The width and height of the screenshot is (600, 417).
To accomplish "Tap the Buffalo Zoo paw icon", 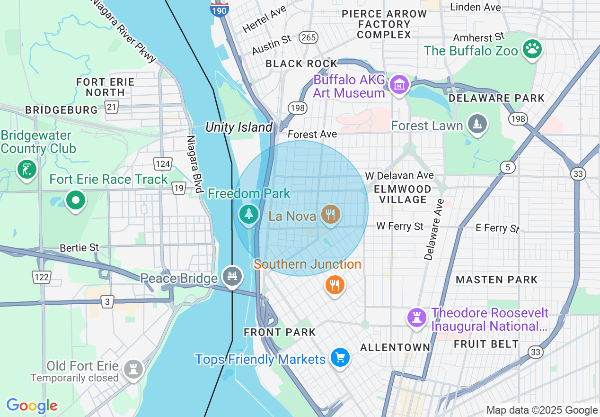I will click(x=532, y=49).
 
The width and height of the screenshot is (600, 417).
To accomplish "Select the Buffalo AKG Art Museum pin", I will click(x=399, y=84).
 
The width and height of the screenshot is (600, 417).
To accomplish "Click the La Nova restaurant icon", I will click(x=330, y=215).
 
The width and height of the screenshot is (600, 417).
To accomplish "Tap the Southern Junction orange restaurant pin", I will click(x=335, y=284).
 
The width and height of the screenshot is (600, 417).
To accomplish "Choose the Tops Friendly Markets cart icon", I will click(x=340, y=357).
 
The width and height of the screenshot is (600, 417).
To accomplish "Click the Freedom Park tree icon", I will click(x=248, y=214).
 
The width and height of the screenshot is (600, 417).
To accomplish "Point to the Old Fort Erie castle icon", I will click(x=133, y=369).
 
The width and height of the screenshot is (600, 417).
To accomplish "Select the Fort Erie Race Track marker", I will click(x=75, y=200).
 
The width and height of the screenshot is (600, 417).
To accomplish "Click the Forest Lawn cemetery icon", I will click(x=477, y=124).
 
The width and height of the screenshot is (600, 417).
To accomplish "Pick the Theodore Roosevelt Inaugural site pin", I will click(x=417, y=317).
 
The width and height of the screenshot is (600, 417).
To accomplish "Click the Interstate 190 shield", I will click(x=220, y=8).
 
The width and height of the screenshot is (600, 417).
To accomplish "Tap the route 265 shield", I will click(x=308, y=38).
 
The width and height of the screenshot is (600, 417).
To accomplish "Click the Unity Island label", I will click(x=239, y=127).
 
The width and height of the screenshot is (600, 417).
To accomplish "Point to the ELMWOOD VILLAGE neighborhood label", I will click(x=403, y=194).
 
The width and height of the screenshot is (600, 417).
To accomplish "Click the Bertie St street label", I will click(x=79, y=248).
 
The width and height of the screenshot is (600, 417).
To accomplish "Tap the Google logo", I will click(x=32, y=406).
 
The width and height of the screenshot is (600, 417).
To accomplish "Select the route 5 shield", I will click(x=508, y=167).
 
